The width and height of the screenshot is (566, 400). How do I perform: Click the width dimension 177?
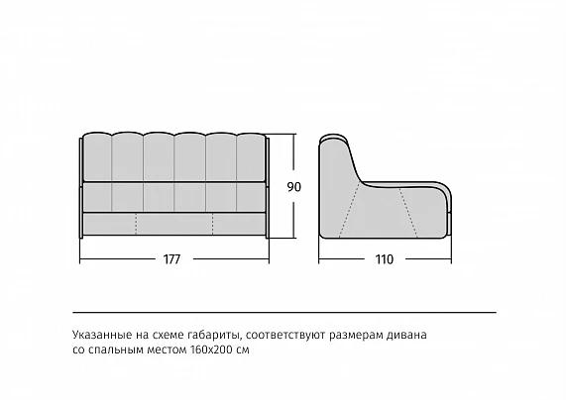coord(171,259)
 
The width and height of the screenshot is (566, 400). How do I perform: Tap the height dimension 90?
coord(293,187)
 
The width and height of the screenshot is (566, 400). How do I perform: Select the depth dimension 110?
coord(385,259)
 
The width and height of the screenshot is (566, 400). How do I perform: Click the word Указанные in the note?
coord(102,335)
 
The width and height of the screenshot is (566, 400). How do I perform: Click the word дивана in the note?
coord(406,335)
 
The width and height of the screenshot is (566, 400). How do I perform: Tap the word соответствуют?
coord(285,335)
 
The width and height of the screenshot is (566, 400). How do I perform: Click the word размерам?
coord(356,336)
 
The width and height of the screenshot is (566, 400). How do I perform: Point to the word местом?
coord(167,350)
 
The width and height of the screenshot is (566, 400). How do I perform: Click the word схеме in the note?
coord(169,335)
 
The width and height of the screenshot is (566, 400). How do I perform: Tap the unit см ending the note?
coord(241,350)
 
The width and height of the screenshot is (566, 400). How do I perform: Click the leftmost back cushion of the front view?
coord(97,157)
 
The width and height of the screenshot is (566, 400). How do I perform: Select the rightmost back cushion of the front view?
coord(251,157)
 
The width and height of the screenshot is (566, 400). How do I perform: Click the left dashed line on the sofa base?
coord(136,224)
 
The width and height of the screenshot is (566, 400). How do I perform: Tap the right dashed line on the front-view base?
coord(212,224)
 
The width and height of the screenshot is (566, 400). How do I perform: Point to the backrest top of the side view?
coord(334,140)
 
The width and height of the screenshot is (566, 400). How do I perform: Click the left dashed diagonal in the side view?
coord(349,210)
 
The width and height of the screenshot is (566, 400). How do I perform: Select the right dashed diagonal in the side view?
coord(408,213)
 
